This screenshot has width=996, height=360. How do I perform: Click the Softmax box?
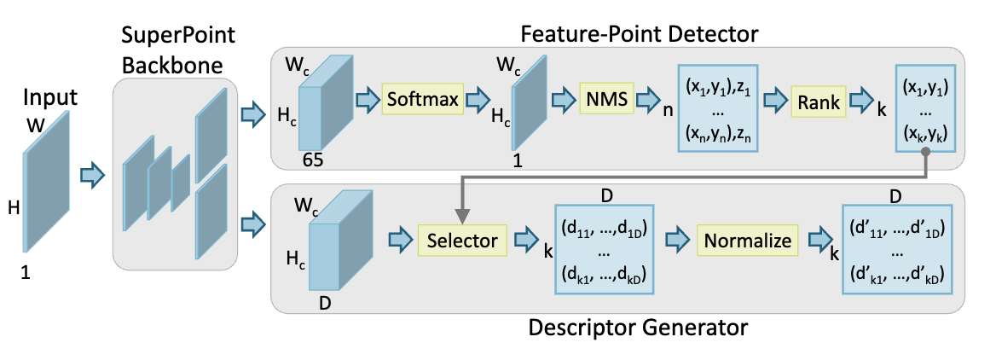point(420,101)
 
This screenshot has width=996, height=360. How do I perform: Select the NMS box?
point(605,101)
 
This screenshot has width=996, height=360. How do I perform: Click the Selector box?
point(462,241)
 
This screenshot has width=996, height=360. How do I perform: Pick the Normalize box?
point(747,241)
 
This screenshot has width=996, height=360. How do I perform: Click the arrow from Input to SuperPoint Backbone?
point(92,175)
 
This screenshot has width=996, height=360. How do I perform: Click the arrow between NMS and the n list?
point(651,101)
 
